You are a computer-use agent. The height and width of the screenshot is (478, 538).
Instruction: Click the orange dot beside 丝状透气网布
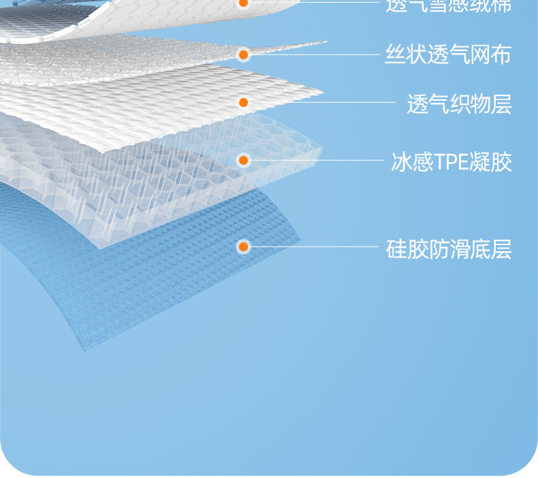[243, 54]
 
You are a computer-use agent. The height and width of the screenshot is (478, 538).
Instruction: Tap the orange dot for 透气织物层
[243, 102]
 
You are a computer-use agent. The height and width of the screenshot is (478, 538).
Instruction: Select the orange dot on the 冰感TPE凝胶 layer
[243, 160]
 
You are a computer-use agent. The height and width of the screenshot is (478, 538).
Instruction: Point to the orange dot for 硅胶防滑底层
[243, 246]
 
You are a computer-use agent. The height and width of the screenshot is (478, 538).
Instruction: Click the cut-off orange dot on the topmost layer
[243, 3]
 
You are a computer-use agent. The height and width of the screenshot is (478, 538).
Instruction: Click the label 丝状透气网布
[448, 54]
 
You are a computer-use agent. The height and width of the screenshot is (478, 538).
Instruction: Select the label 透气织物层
[458, 104]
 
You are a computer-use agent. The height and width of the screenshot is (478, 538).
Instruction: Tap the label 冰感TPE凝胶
[451, 162]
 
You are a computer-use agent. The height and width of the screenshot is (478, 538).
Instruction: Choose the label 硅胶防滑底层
[448, 249]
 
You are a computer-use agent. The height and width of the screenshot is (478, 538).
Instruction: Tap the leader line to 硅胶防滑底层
[313, 246]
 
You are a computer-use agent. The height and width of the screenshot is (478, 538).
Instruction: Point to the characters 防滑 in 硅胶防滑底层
[448, 249]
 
